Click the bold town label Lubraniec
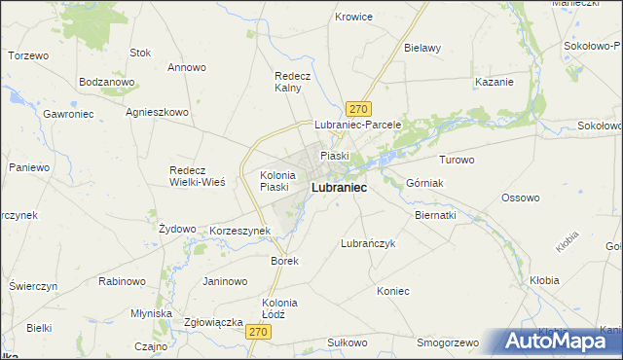[x=339, y=187]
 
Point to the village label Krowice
[x=353, y=17]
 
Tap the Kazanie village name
[x=494, y=82]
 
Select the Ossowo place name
[x=520, y=198]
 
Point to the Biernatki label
[x=435, y=214]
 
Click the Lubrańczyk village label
[x=368, y=243]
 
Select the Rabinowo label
[x=122, y=281]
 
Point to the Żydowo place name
[x=177, y=228]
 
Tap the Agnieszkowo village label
[x=157, y=112]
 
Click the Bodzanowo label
[x=106, y=82]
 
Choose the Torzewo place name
[x=28, y=55]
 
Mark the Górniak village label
[x=424, y=182]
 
